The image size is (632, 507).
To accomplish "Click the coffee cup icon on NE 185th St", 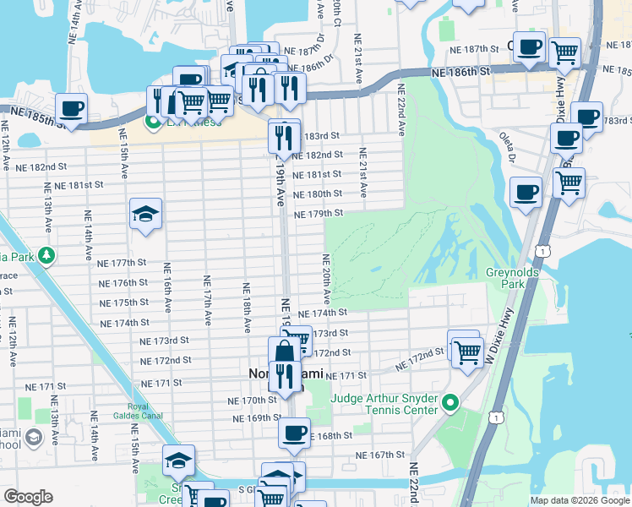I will pos(72,109).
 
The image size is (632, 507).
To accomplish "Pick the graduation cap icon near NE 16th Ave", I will pos(145,215).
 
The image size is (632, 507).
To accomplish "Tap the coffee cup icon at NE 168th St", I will pos(294,433).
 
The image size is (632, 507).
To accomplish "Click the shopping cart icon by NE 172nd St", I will pos(466,351).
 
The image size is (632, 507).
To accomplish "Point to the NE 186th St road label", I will pos(460,74).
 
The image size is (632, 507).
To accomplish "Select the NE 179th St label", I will pos(319,214).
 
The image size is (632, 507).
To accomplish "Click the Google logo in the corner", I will pos(28,497).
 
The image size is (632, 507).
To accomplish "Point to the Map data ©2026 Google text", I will pos(579,499).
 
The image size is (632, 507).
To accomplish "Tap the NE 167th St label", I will pos(381,455).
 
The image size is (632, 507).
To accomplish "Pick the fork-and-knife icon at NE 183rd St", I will pos(284,135).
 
